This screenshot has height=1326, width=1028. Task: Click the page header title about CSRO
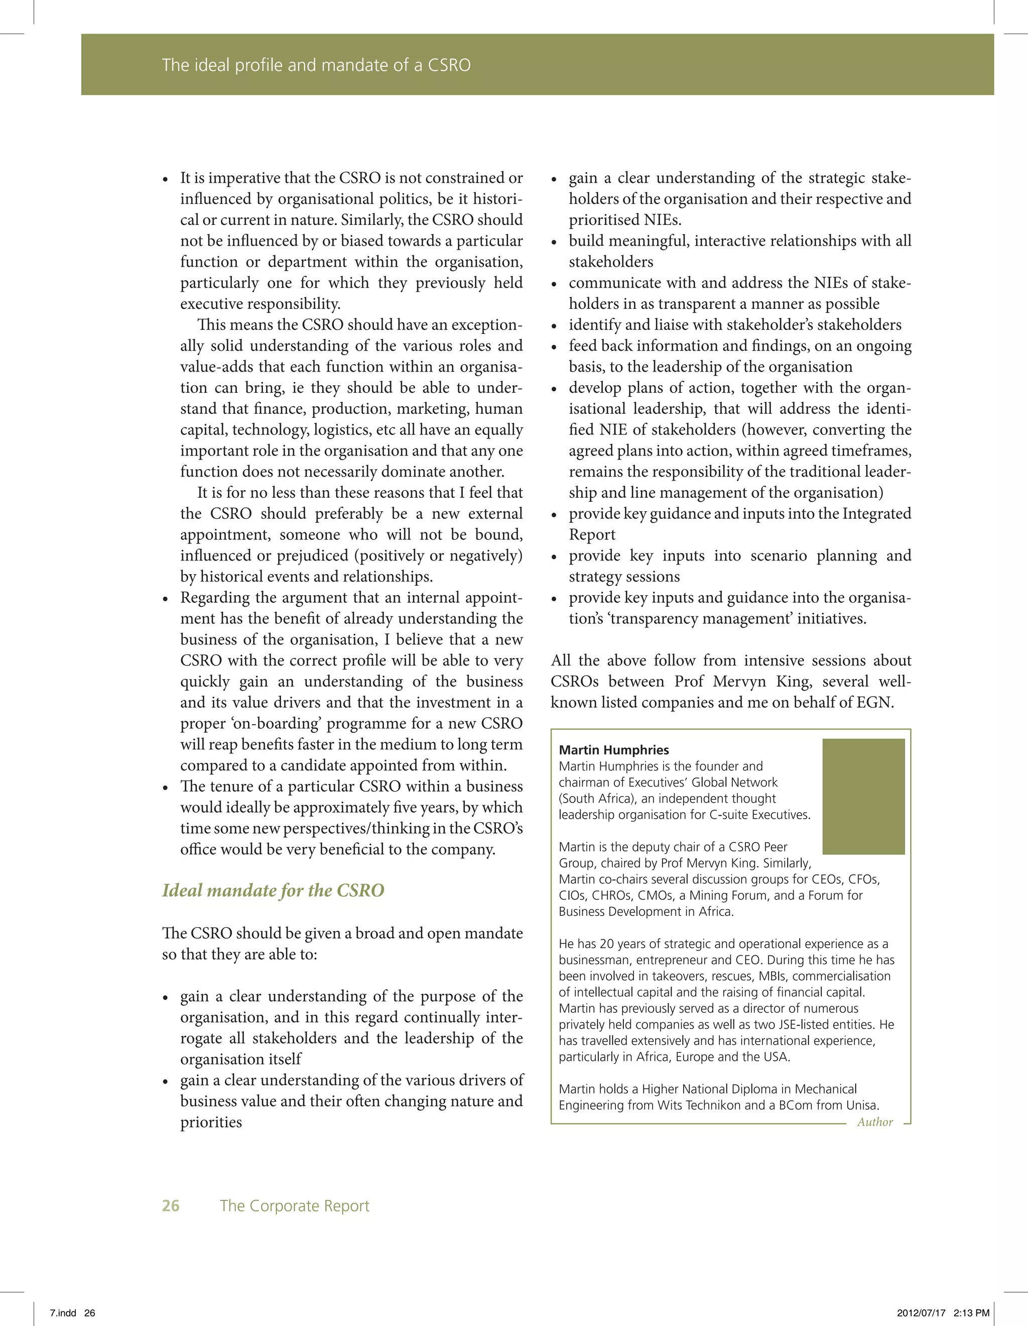click(316, 65)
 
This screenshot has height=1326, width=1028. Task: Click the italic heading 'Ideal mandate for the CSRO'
click(273, 890)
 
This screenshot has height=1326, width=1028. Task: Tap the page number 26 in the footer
click(171, 1205)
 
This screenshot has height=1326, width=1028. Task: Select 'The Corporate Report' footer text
click(294, 1205)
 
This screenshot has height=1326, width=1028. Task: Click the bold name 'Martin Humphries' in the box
click(613, 750)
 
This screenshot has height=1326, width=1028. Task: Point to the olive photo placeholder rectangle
click(863, 796)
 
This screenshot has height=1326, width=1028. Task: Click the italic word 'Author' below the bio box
click(874, 1122)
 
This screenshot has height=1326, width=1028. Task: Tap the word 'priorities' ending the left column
click(211, 1122)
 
